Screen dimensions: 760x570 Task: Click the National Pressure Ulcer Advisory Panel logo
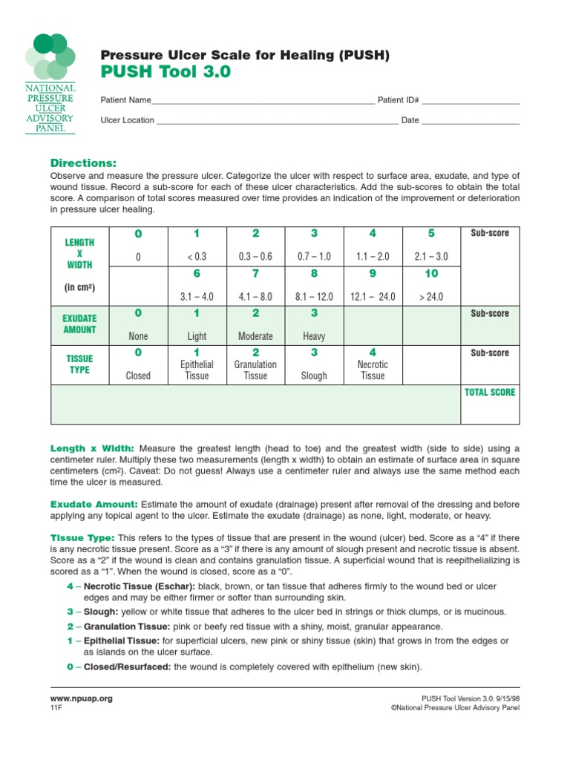pos(50,82)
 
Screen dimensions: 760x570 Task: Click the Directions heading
pos(83,163)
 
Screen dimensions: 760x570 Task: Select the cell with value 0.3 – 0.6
pos(255,257)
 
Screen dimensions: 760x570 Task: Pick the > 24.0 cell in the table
pos(430,296)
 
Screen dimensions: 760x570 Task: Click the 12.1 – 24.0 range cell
pos(373,296)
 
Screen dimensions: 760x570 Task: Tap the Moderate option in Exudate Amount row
pos(255,336)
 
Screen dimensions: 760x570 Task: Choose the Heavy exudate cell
pos(314,336)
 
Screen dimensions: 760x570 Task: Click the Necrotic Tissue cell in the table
pos(373,370)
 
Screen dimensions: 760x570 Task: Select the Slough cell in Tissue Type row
pos(314,376)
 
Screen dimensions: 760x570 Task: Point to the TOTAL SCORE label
pos(489,392)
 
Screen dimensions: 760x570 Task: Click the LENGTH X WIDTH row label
pos(79,253)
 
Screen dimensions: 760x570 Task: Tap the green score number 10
pos(430,274)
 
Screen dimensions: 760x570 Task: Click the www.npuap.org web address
pos(81,698)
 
